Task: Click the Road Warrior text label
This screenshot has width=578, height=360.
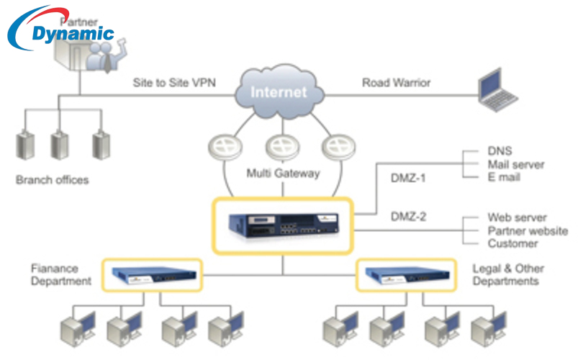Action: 396,83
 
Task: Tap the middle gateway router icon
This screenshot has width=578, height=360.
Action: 281,148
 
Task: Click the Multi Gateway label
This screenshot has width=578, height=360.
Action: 283,173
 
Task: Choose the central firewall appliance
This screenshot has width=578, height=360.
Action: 283,224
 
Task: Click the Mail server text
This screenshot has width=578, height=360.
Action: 516,165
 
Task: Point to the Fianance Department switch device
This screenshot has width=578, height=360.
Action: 148,274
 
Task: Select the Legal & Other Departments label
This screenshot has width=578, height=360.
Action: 508,274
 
